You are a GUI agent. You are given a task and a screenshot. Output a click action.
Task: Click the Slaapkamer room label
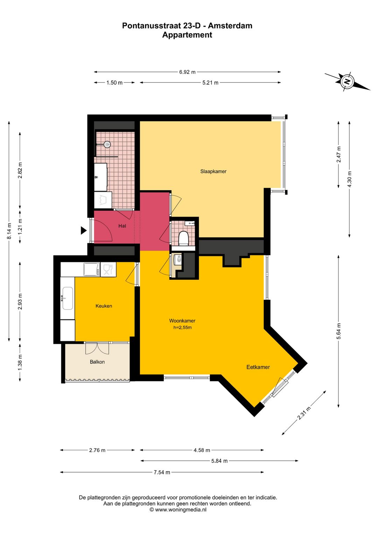(x=213, y=171)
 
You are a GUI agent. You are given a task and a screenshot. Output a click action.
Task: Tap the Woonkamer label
(x=182, y=321)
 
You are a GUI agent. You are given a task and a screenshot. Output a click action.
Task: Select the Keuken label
(x=104, y=306)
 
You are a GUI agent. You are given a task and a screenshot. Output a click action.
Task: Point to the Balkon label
(x=97, y=362)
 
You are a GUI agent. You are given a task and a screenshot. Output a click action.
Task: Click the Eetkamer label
(x=258, y=367)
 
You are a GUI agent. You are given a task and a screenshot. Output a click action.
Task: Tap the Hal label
(x=122, y=226)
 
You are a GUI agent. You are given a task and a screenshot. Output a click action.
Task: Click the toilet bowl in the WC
(x=183, y=238)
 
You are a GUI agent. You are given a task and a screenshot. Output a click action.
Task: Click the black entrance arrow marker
(x=83, y=230)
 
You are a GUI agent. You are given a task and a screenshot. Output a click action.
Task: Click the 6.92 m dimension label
(x=187, y=72)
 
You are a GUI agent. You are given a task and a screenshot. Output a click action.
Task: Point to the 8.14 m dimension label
(x=9, y=231)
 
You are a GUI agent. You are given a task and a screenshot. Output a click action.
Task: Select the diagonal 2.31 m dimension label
(x=304, y=413)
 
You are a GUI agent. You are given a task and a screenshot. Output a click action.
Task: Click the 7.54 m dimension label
(x=162, y=472)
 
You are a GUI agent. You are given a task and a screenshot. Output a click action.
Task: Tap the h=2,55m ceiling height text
(x=182, y=327)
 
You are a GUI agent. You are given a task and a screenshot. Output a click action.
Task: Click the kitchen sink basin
(x=68, y=298)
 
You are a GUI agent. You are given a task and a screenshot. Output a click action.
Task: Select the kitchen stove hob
(x=92, y=269)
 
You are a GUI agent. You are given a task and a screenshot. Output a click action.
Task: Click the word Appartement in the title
(x=187, y=35)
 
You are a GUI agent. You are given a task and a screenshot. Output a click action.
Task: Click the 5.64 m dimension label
(x=339, y=331)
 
